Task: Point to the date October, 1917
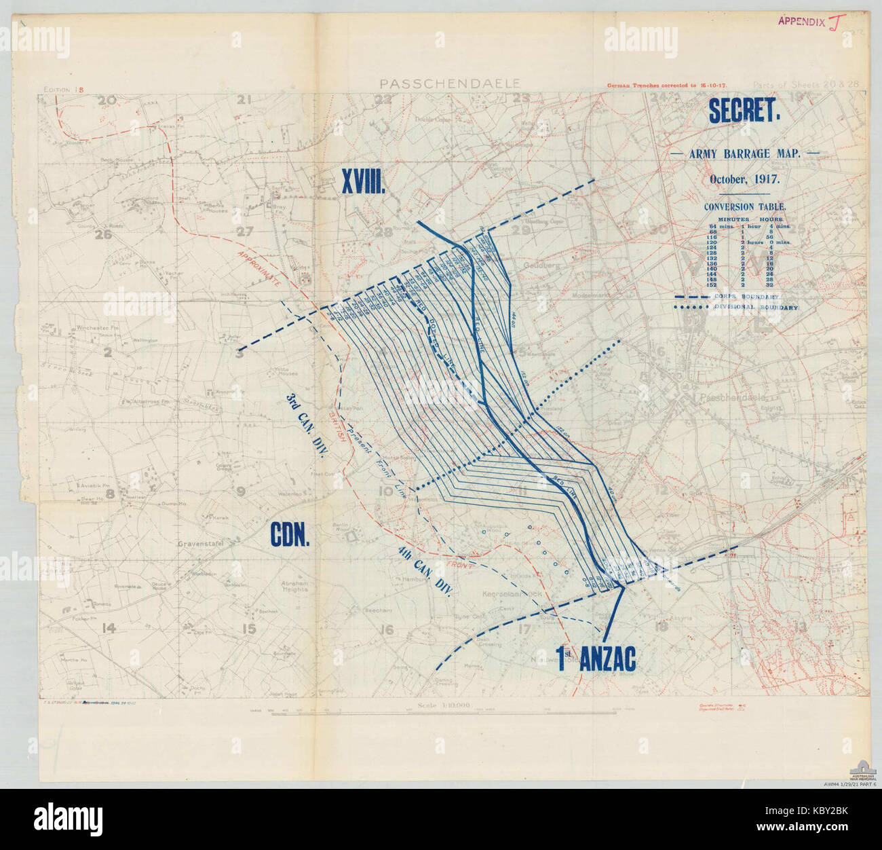click(744, 180)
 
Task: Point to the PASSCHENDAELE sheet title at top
click(450, 84)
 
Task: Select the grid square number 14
click(107, 628)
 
